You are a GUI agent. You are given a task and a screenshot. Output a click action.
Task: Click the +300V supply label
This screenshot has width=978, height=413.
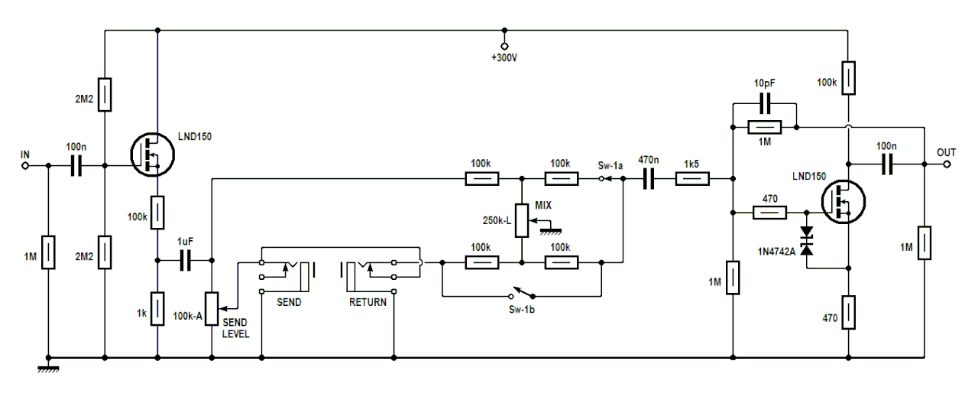(504, 58)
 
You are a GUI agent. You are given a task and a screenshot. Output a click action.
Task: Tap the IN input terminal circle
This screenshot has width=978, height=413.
(25, 164)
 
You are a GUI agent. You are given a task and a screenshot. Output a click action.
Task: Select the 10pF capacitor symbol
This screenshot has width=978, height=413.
(764, 103)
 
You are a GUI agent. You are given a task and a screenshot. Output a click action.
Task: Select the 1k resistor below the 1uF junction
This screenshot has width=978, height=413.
(157, 308)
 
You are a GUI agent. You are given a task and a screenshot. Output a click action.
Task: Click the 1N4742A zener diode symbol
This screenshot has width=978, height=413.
(806, 241)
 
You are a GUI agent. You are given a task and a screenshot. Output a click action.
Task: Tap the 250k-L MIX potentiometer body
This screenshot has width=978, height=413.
(522, 220)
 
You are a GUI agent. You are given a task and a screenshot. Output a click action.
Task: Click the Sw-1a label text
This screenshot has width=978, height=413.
(610, 164)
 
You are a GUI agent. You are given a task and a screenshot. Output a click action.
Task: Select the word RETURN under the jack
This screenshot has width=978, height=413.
(368, 302)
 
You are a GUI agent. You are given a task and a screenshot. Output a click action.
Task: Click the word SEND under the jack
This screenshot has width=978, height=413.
(288, 302)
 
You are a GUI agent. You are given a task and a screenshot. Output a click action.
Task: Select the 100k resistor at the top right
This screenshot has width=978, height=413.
(848, 78)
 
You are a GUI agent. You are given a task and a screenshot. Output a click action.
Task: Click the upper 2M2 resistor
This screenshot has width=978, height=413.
(104, 94)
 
